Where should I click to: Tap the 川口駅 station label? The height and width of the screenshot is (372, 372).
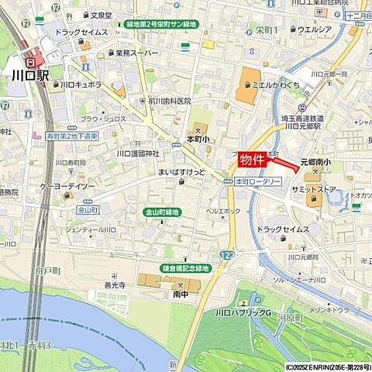[30, 76]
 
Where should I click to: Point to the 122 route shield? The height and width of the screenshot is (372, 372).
[225, 255]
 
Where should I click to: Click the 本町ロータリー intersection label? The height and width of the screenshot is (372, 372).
[258, 181]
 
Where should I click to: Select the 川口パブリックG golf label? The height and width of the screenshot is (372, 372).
[242, 312]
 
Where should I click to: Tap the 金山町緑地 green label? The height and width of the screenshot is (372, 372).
[162, 212]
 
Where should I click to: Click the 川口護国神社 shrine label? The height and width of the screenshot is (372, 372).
[137, 153]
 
